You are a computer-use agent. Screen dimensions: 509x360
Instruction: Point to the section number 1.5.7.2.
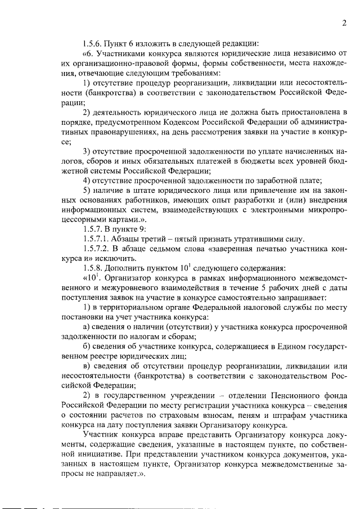(x=97, y=249)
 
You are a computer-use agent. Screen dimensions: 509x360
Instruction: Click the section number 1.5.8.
(x=93, y=268)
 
